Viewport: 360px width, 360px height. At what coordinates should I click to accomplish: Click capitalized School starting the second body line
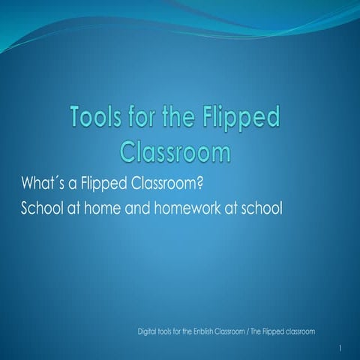(43, 207)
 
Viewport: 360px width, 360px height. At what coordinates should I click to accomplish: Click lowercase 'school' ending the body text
(263, 207)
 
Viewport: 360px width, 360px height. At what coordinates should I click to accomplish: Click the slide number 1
(340, 348)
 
